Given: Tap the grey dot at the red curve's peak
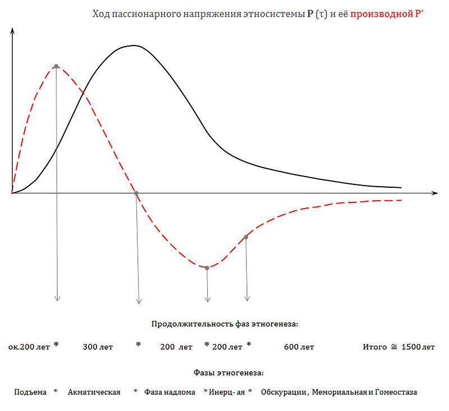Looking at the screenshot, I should [x=56, y=66].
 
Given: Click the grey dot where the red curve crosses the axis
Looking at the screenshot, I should [x=136, y=193].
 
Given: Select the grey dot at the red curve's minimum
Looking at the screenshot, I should [x=207, y=268].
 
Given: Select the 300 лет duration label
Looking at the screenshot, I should [x=98, y=347].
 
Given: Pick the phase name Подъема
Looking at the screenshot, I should [x=30, y=392].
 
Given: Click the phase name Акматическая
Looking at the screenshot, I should [x=94, y=392].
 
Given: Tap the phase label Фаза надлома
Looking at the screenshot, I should [x=169, y=392].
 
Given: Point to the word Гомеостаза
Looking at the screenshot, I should [x=397, y=392].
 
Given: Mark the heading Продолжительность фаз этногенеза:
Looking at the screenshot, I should [x=224, y=324].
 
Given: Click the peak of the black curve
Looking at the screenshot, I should [x=133, y=46].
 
